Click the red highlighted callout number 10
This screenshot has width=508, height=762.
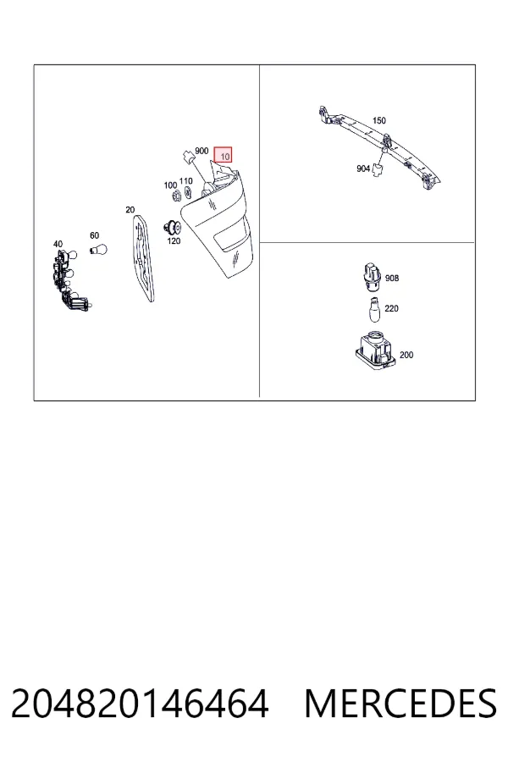[x=224, y=155]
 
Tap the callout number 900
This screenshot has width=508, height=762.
[x=202, y=152]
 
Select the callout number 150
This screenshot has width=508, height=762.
[x=378, y=120]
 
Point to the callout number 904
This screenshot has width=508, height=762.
[x=363, y=168]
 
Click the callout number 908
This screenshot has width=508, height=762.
[x=392, y=278]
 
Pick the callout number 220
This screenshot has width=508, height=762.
[x=391, y=308]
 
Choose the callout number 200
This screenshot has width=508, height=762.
[x=406, y=355]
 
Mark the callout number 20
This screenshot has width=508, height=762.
[x=130, y=209]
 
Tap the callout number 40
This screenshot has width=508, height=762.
[x=58, y=244]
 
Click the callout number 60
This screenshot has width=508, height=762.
[x=94, y=235]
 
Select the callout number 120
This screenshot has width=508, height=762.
[x=174, y=240]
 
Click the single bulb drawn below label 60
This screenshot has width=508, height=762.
[x=98, y=251]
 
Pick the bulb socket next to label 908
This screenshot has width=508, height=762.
[x=373, y=277]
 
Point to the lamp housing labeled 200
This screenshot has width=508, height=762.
[x=374, y=351]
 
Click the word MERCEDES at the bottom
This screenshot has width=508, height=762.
[x=400, y=704]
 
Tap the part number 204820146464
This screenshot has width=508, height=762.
[x=140, y=704]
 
